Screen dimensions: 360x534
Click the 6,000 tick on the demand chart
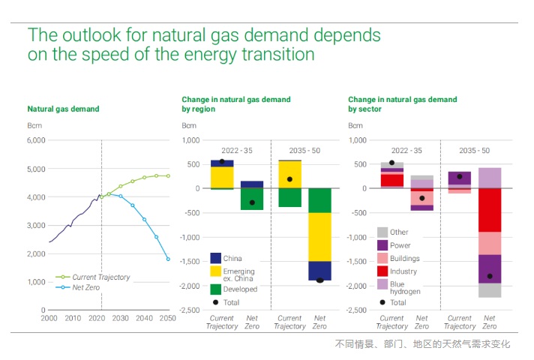pyautogui.click(x=36, y=140)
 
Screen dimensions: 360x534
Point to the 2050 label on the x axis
pyautogui.click(x=167, y=318)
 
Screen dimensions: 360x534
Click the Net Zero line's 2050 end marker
pyautogui.click(x=168, y=259)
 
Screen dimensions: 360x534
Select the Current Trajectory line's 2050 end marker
pyautogui.click(x=168, y=175)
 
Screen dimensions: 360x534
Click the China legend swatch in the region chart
pyautogui.click(x=215, y=258)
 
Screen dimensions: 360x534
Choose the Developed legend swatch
pyautogui.click(x=215, y=289)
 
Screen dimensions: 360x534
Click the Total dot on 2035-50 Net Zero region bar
pyautogui.click(x=319, y=280)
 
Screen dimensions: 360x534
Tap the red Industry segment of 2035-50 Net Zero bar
pyautogui.click(x=489, y=210)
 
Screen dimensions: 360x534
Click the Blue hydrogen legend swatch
pyautogui.click(x=382, y=285)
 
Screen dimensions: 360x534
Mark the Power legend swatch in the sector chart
pyautogui.click(x=382, y=244)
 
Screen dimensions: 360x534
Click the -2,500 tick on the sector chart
pyautogui.click(x=355, y=310)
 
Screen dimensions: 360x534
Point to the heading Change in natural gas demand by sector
pyautogui.click(x=402, y=104)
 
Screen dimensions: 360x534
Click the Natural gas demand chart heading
pyautogui.click(x=63, y=109)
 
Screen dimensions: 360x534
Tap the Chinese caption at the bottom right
pyautogui.click(x=422, y=344)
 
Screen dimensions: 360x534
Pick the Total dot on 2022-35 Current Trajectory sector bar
pyautogui.click(x=391, y=163)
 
